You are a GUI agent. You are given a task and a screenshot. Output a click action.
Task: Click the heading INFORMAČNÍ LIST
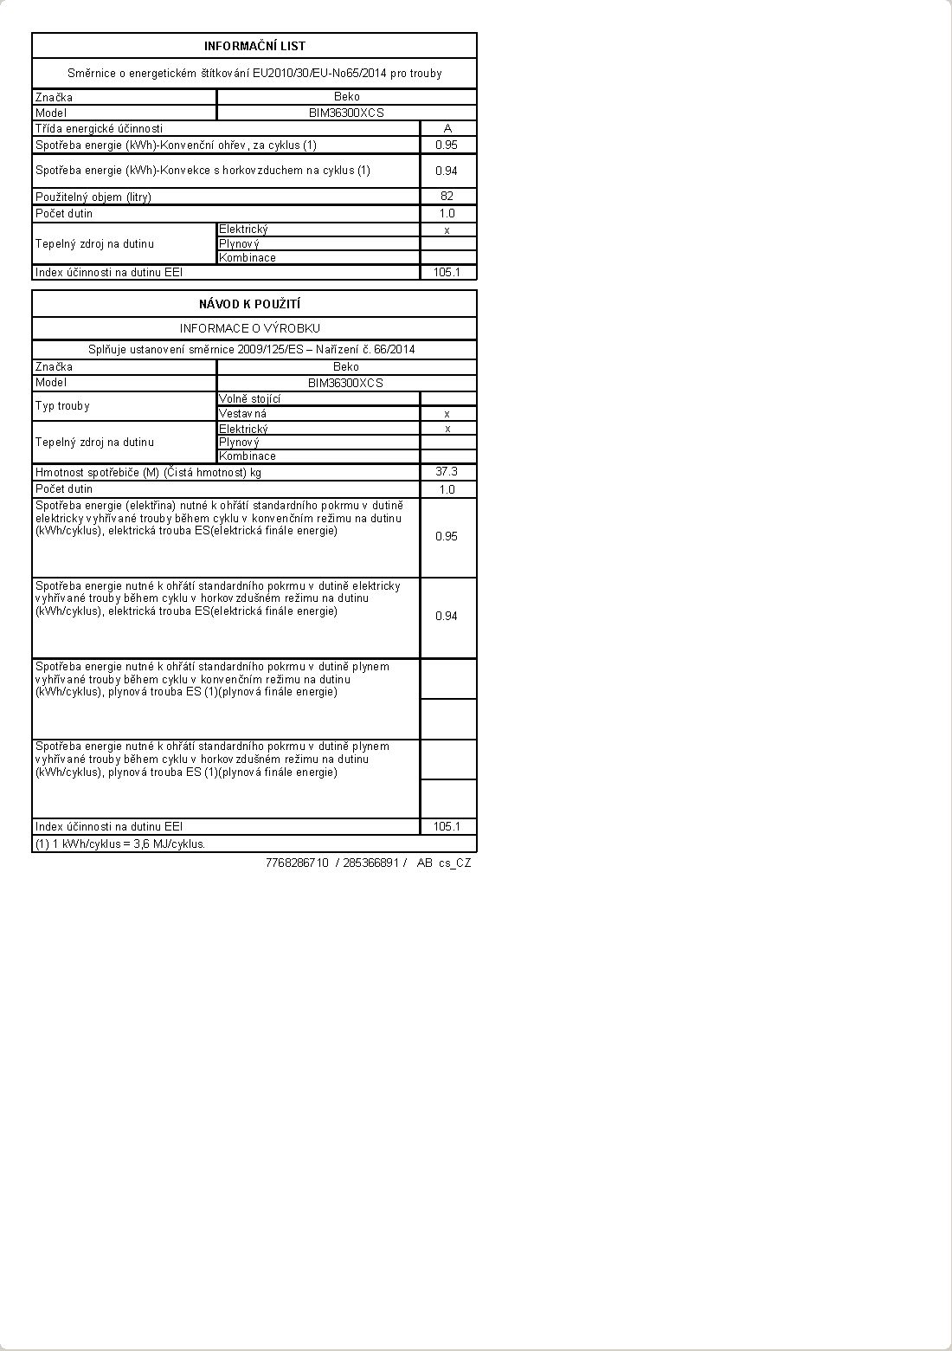[x=254, y=46]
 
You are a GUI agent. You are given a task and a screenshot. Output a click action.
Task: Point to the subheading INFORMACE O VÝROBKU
[x=250, y=328]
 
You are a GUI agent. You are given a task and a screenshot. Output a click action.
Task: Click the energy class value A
[x=447, y=128]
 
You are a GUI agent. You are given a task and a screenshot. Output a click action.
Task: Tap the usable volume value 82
[x=447, y=196]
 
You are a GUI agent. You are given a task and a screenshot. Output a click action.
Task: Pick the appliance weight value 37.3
[x=447, y=471]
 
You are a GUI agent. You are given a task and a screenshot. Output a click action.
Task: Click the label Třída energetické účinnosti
[x=99, y=128]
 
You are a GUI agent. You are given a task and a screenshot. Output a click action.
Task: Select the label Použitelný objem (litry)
[x=93, y=197]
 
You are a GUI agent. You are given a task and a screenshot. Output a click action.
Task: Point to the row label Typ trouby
[x=62, y=405]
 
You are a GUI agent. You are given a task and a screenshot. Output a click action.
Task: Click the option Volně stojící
[x=249, y=398]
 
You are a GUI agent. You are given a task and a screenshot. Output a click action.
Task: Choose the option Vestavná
[x=242, y=413]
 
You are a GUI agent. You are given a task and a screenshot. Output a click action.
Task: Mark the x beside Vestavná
[x=447, y=414]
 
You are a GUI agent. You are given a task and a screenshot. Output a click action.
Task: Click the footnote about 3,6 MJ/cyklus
[x=120, y=844]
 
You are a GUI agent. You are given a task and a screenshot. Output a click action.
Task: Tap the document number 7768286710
[x=297, y=863]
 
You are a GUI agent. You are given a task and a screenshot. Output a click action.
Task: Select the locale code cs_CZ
[x=454, y=863]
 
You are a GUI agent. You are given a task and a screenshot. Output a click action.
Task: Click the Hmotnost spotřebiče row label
[x=148, y=472]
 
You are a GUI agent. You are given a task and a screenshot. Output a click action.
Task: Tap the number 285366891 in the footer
[x=370, y=863]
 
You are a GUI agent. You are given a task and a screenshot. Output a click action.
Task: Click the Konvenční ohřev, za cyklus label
[x=176, y=145]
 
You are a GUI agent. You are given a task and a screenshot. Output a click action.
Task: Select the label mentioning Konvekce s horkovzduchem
[x=203, y=170]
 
